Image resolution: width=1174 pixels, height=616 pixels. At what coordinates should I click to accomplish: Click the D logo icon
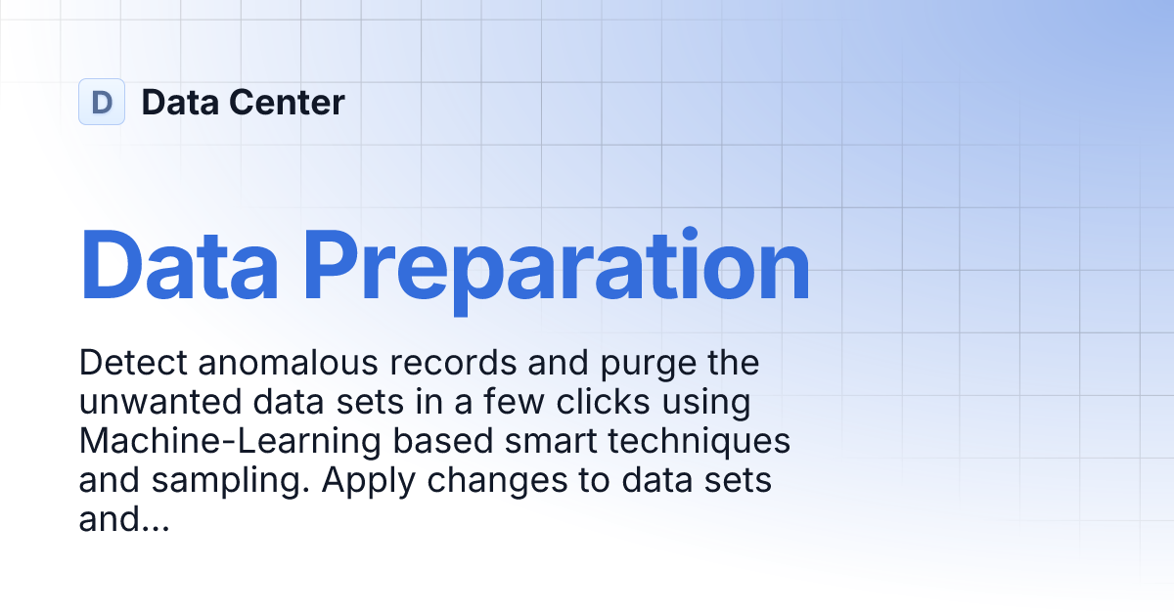point(102,102)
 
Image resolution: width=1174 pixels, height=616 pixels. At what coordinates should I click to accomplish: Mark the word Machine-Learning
point(229,442)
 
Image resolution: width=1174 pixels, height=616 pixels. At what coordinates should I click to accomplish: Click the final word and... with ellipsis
point(124,521)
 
